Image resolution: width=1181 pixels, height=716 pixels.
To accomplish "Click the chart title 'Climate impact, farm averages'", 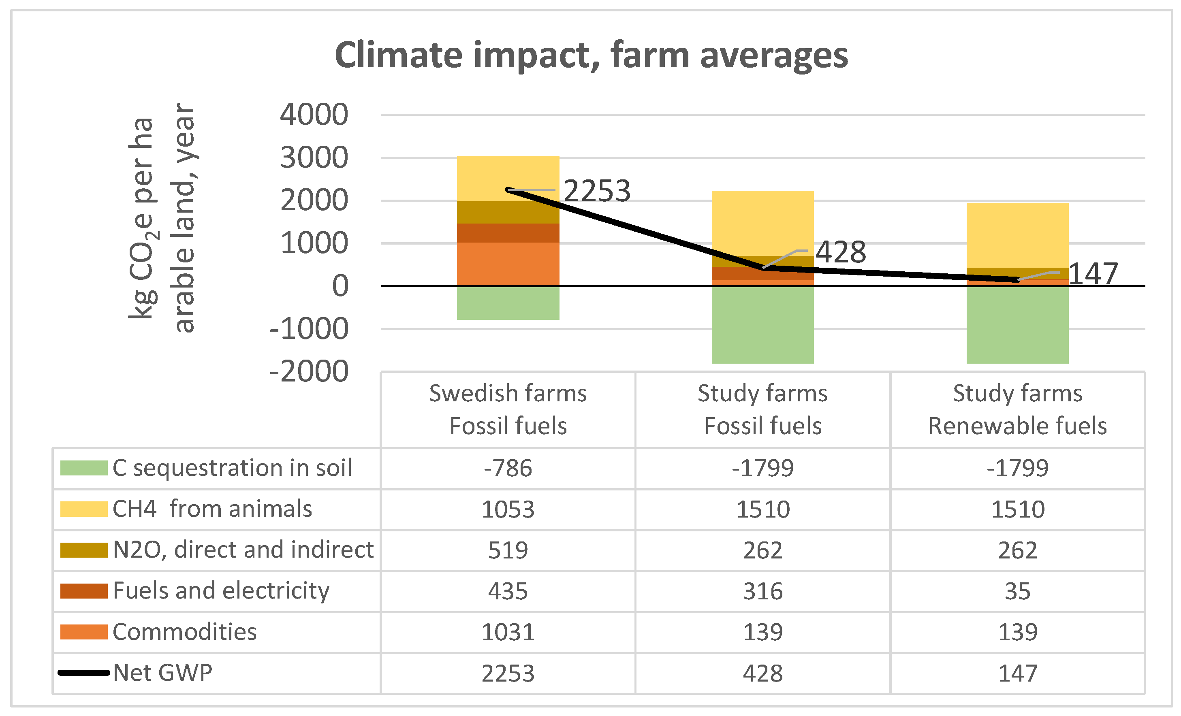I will (591, 55).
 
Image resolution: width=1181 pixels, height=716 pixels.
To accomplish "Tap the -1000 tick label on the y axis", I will (309, 329).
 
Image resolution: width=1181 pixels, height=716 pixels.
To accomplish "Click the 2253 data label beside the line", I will (596, 191).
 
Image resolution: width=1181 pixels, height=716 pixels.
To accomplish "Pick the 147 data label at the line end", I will (1093, 274).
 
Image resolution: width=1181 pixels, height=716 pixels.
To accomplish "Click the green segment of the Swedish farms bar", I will (508, 303).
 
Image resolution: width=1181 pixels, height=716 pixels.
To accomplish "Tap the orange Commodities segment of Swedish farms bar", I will (508, 264).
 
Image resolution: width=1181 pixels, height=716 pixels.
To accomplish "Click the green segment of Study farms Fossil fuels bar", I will (762, 324).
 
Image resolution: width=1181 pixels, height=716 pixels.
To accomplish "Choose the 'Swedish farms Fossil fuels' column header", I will (508, 409).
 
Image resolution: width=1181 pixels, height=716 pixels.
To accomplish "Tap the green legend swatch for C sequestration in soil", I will (84, 468).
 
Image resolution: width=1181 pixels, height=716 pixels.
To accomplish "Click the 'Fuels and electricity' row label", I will (221, 590).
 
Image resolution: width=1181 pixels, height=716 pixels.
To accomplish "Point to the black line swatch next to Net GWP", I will (84, 673).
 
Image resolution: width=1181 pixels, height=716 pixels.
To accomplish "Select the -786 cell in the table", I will (508, 468).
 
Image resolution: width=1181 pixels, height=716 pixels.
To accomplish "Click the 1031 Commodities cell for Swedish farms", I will (508, 632).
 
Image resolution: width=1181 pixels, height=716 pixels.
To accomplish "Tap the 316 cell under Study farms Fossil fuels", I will (762, 591).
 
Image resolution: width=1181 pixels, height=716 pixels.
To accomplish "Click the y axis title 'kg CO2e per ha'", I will (142, 218).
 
